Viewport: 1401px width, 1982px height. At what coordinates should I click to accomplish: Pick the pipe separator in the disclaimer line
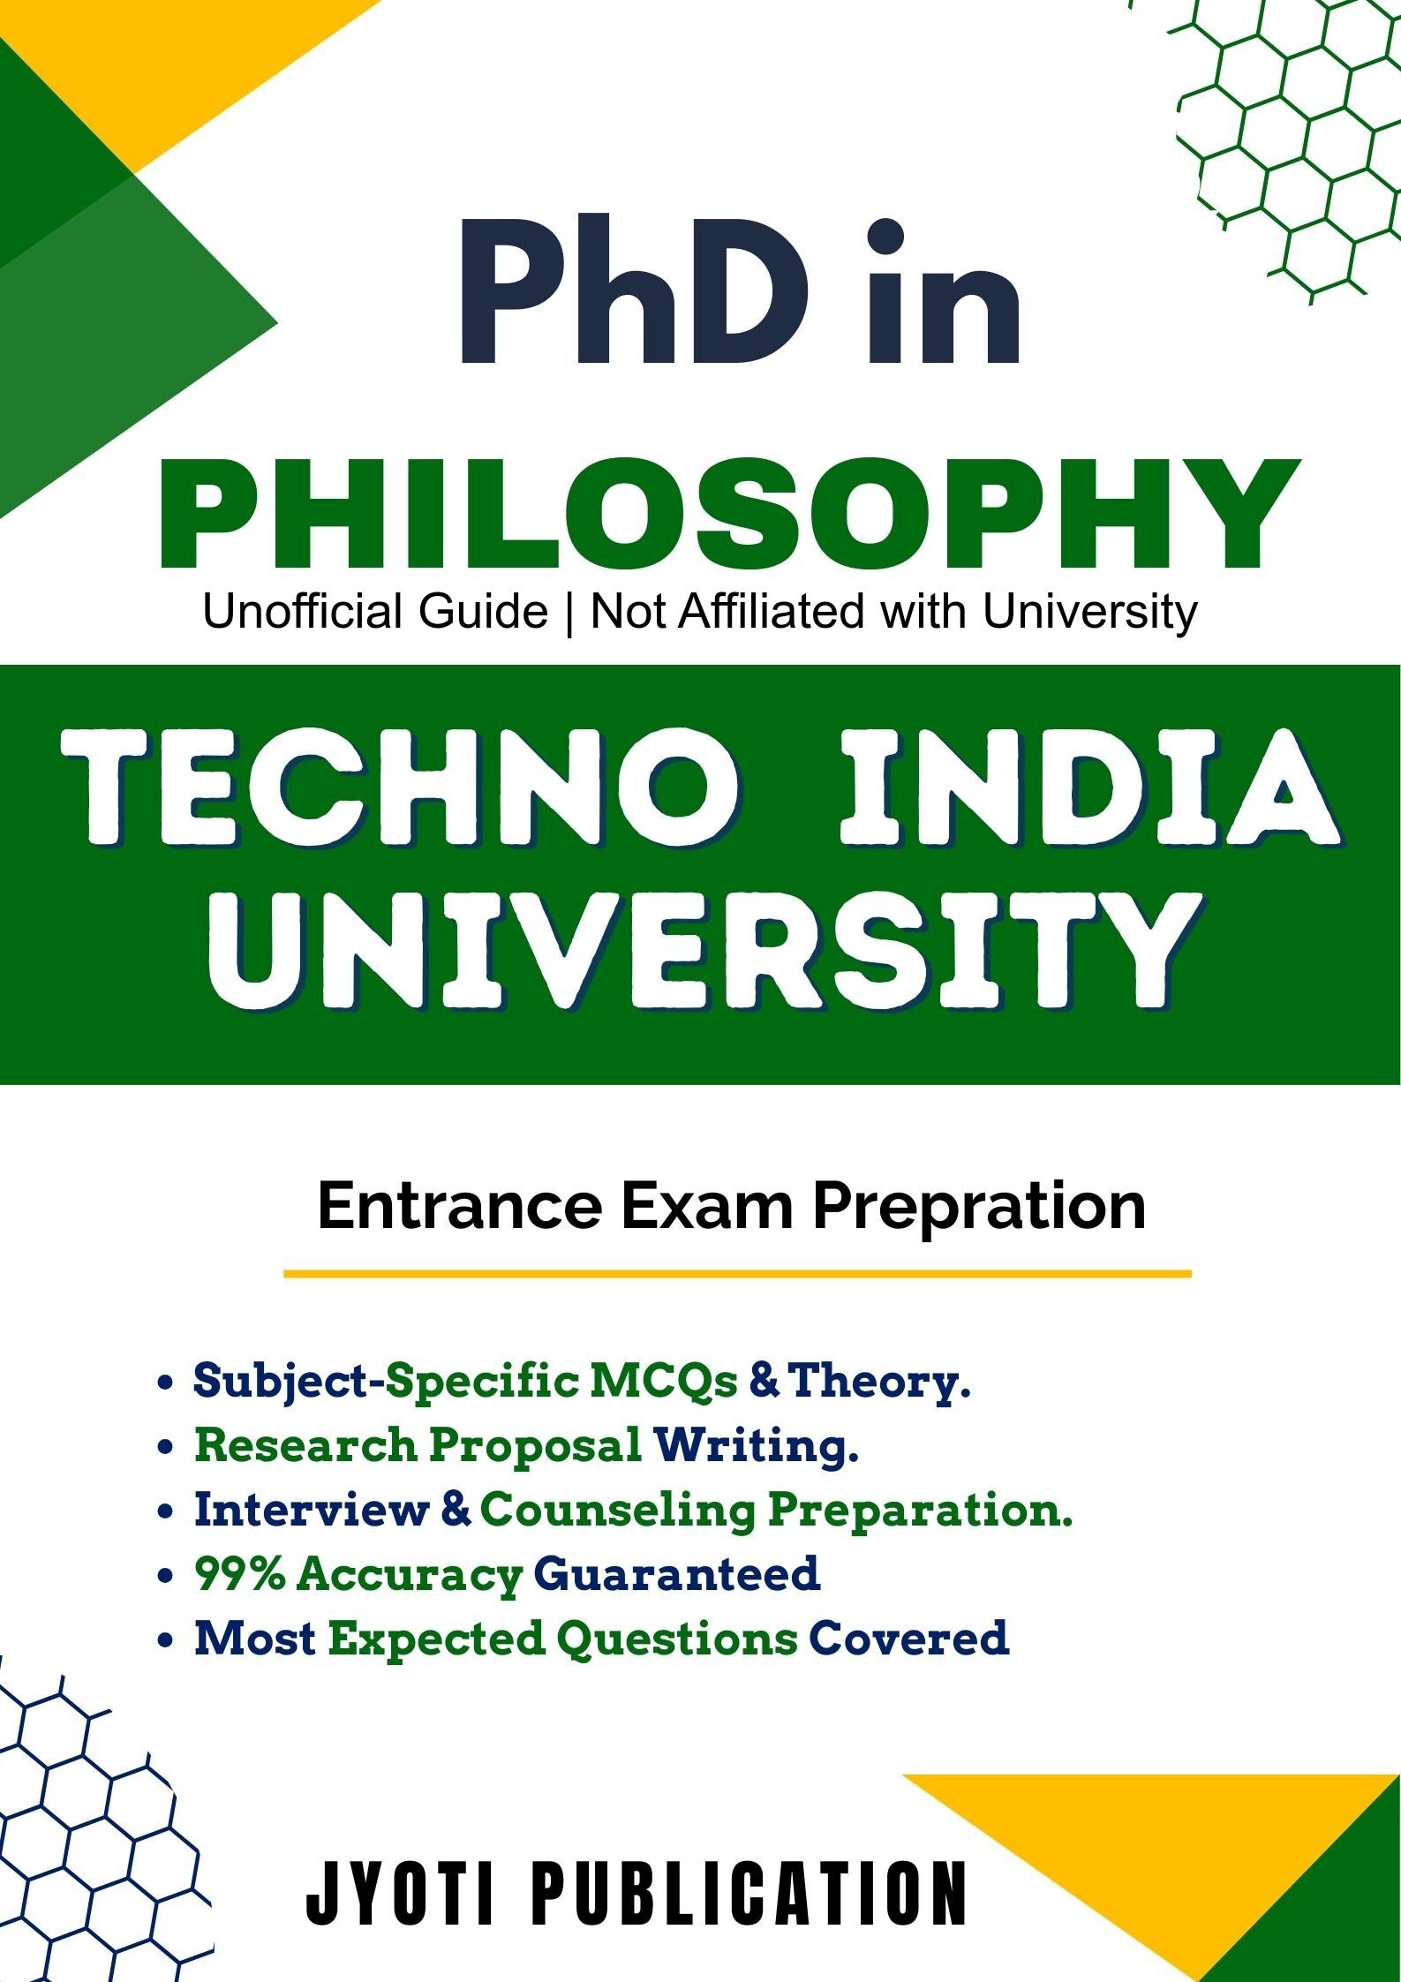[569, 612]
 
